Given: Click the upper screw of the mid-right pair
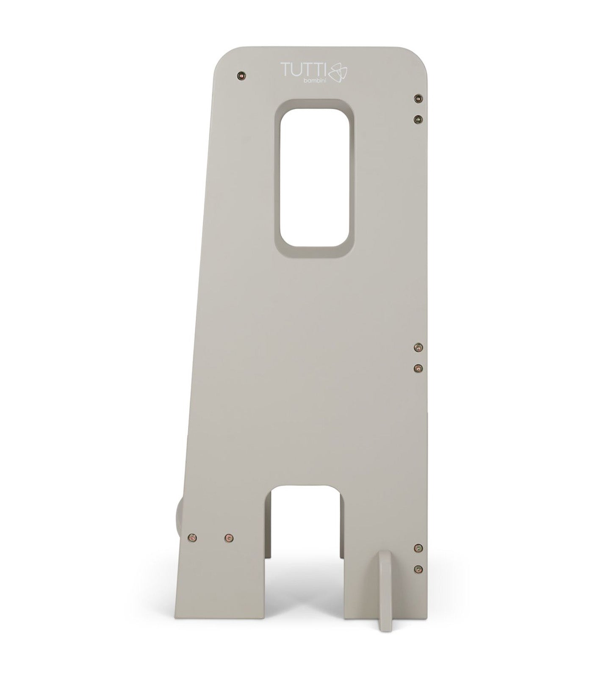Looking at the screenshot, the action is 418,348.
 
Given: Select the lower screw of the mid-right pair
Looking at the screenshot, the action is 418,368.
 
